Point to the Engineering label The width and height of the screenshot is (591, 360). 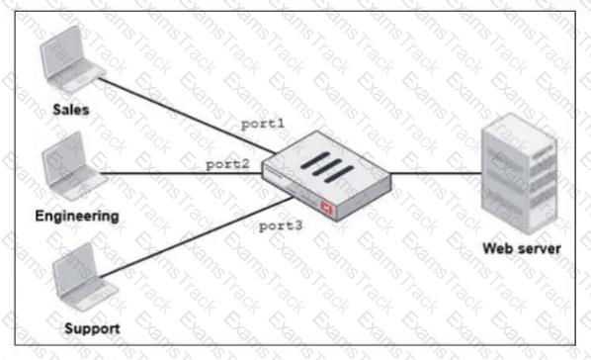click(77, 215)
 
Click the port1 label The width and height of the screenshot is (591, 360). click(263, 124)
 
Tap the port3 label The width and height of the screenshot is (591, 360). click(280, 226)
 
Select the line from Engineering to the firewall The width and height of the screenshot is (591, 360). click(178, 175)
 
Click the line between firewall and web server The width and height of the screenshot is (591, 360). click(435, 176)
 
